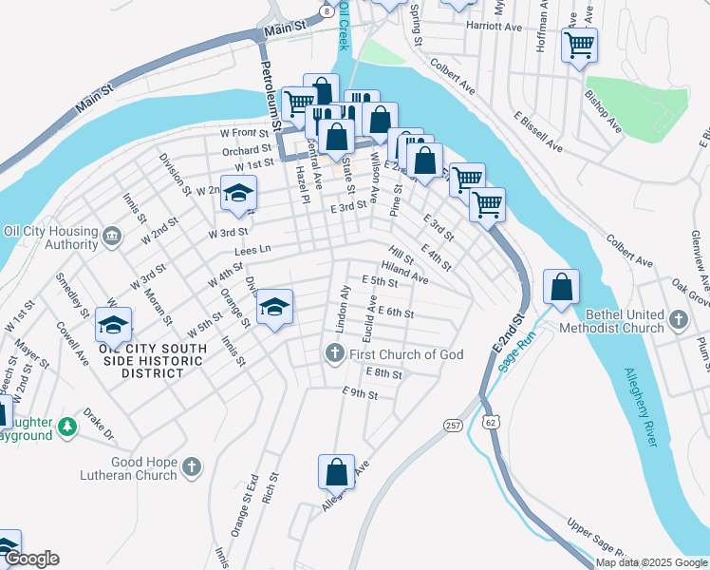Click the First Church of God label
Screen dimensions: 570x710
click(406, 354)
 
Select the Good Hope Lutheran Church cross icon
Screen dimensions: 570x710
click(192, 465)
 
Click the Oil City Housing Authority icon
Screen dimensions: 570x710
click(112, 235)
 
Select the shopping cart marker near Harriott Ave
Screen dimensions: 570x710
click(579, 44)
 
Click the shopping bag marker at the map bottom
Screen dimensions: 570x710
click(336, 472)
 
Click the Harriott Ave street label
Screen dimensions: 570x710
click(495, 27)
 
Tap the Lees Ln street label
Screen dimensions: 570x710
click(252, 251)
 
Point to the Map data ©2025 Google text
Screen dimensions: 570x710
click(651, 562)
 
